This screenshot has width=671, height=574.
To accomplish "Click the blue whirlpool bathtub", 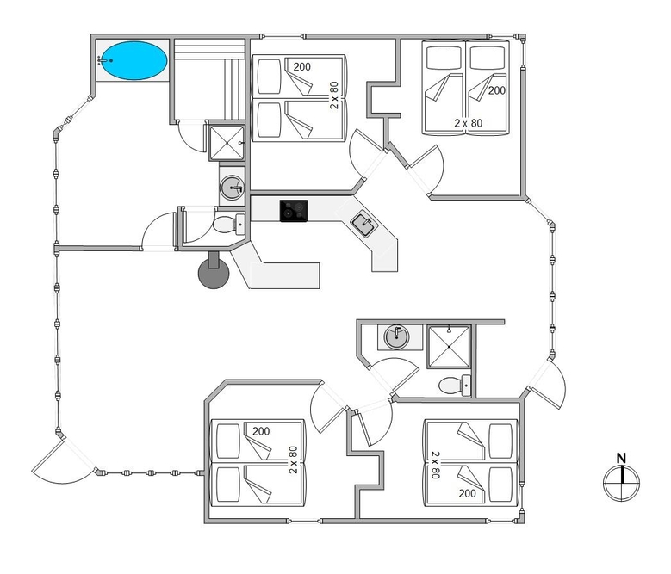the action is coord(134,60).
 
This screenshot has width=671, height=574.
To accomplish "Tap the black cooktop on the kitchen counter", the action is coord(294,211).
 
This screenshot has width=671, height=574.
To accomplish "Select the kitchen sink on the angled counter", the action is coord(362,225).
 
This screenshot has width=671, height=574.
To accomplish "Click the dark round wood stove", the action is coord(214,273).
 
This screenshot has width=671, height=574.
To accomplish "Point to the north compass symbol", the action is coord(621,484).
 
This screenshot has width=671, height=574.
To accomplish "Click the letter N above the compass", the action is coord(621,459).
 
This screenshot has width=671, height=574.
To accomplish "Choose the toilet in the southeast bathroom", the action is coord(455,386).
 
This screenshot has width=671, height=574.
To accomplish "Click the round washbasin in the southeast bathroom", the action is coord(396,337).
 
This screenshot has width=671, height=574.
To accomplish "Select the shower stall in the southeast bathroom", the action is coord(449,347).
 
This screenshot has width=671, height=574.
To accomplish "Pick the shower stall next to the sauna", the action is coord(227,143).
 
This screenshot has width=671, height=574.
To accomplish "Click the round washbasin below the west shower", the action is coord(232,188).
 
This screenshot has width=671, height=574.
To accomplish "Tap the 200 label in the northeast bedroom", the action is coord(496,90).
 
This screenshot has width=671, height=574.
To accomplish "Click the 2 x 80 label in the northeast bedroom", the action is coord(469,123).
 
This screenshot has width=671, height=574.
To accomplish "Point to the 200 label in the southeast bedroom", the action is coord(468,494).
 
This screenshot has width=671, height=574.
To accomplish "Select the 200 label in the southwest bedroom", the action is coord(261,431).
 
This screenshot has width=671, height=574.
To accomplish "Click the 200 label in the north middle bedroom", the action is coord(301,66).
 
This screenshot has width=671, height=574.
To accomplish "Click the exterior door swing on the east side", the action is coord(547,385).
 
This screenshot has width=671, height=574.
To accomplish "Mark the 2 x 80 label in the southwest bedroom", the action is coord(293,460).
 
